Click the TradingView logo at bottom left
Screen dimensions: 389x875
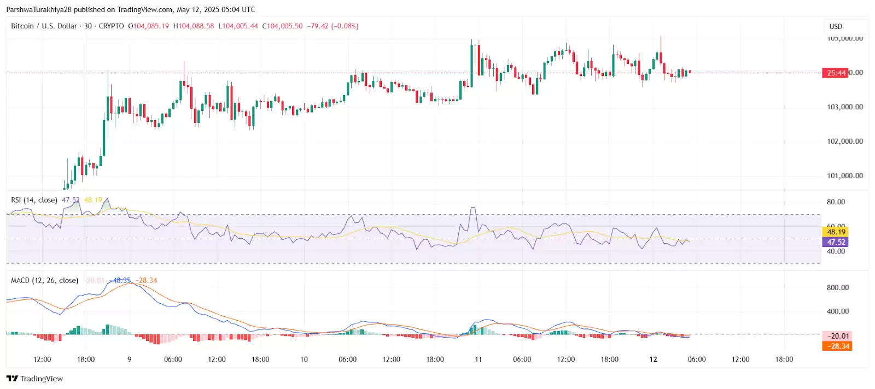coord(34,379)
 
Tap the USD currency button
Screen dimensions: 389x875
coord(836,27)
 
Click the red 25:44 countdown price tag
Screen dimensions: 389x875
coord(835,73)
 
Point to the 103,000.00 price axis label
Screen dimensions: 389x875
coord(845,107)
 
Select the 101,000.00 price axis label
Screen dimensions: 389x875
coord(845,176)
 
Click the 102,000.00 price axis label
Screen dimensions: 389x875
coord(845,142)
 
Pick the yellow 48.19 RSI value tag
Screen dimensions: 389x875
coord(836,232)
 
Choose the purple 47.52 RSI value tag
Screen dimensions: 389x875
coord(836,242)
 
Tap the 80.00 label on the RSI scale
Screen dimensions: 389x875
coord(836,202)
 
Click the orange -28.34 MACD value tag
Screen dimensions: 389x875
coord(838,346)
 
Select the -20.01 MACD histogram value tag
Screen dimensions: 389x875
coord(838,336)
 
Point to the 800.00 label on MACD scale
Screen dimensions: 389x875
coord(838,288)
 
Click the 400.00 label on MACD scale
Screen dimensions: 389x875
coord(838,311)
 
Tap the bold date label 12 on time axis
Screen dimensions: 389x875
coord(653,359)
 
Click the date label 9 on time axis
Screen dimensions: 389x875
coord(129,359)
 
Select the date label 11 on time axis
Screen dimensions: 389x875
coord(479,359)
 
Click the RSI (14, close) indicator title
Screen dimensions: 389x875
coord(34,200)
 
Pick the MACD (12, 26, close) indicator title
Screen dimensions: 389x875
coord(45,280)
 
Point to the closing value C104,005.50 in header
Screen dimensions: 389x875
coord(282,26)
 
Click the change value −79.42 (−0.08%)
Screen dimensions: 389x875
coord(332,26)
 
